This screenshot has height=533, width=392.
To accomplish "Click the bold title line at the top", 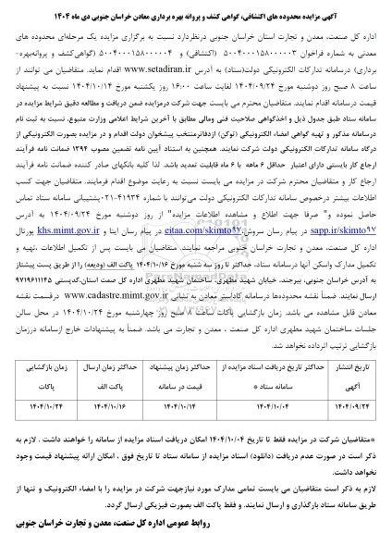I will coord(195,7).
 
